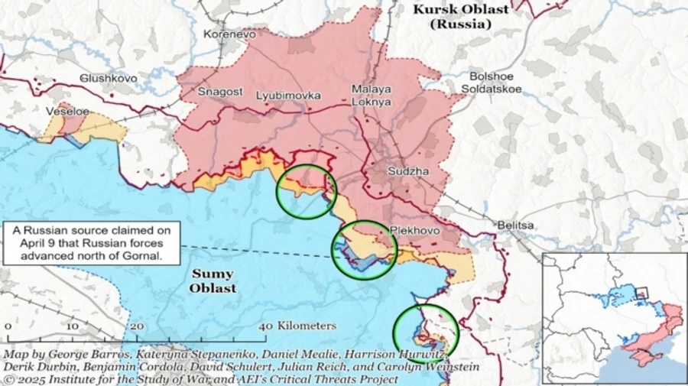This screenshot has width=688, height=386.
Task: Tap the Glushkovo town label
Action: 109,78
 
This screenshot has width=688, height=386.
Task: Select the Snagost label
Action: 220,92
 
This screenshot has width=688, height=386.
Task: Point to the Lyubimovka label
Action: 288,96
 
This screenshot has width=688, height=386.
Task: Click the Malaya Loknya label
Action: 372,95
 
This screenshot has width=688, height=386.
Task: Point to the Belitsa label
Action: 515,225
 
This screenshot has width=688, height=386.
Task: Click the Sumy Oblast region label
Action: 213,281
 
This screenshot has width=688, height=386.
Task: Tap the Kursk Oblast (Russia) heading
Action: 460,16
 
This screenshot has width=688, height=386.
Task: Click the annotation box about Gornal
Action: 92,243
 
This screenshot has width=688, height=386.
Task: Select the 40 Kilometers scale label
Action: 299,326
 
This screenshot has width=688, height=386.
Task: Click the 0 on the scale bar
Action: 8,326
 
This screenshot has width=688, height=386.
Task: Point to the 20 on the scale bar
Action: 137,326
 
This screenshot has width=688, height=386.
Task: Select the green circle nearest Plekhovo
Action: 364,249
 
